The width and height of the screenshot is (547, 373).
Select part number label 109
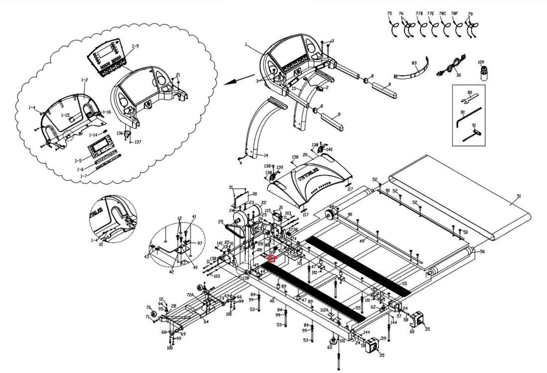pos(481,62)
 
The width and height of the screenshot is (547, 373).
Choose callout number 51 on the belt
pos(519,196)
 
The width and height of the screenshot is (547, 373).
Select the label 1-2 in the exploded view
pos(84,80)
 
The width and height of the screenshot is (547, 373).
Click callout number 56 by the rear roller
pos(482,252)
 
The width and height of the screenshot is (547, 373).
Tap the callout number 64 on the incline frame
pos(206,322)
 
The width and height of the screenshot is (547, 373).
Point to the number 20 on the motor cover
pos(305,155)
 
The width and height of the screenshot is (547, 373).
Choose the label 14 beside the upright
pos(266,156)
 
